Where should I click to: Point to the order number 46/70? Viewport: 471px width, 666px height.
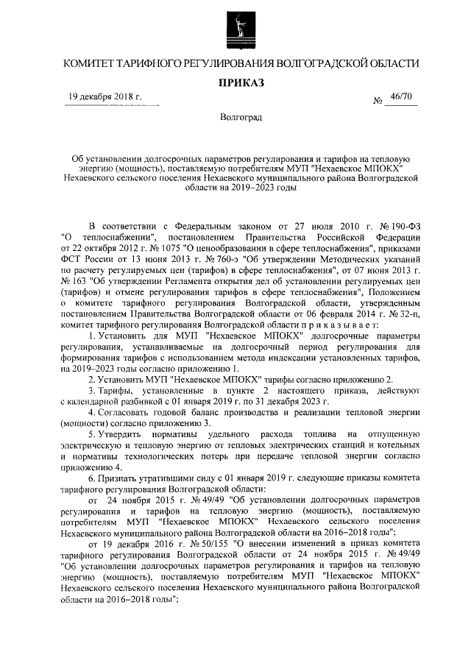coord(403,98)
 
